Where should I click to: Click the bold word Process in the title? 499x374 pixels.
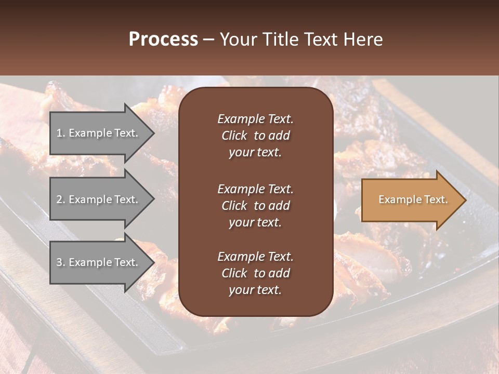click(163, 39)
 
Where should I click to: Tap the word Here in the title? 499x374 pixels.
click(362, 39)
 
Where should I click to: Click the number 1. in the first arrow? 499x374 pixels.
click(60, 133)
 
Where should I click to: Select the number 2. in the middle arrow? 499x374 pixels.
click(60, 199)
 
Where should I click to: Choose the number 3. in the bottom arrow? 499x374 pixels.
click(60, 262)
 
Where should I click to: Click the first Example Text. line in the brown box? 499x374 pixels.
click(255, 119)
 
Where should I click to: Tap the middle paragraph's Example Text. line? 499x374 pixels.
click(255, 189)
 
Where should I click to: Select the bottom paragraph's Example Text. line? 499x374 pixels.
click(255, 257)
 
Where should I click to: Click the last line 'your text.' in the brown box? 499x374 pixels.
click(255, 290)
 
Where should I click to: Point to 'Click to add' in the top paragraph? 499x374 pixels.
click(255, 136)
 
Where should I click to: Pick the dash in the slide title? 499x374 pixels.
click(208, 40)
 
